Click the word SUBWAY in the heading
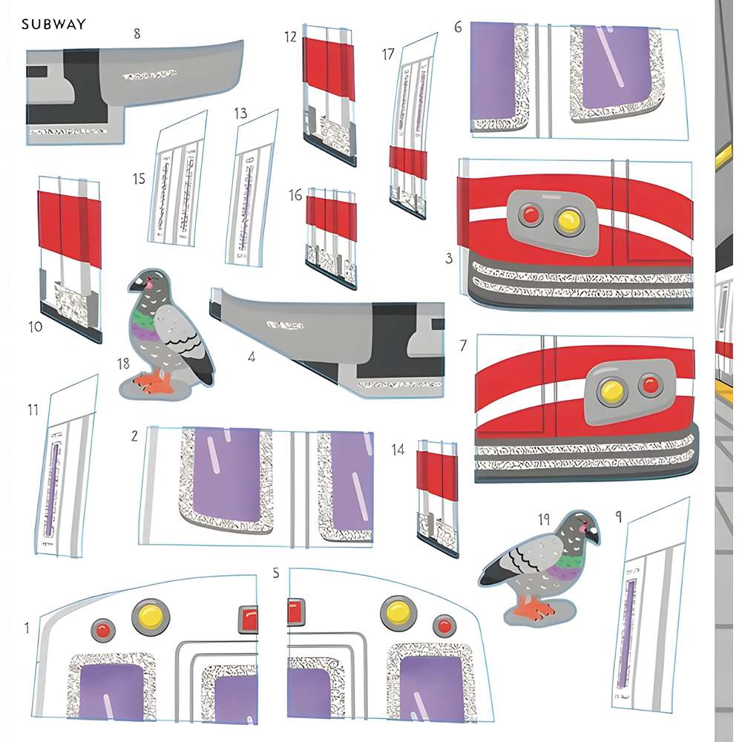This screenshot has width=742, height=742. [x=53, y=24]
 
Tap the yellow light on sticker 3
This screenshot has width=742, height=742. [x=568, y=219]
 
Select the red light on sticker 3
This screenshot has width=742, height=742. [x=530, y=215]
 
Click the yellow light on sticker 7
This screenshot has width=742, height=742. [x=611, y=388]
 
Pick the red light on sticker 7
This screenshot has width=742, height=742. [x=650, y=384]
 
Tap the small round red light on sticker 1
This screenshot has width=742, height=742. [x=102, y=630]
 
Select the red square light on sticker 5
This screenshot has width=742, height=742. [x=295, y=613]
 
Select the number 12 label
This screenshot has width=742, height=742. [x=290, y=37]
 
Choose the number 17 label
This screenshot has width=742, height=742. [x=388, y=54]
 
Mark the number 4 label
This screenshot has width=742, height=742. [x=252, y=357]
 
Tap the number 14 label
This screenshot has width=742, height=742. [x=398, y=449]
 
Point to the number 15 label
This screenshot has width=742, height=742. [x=139, y=179]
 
